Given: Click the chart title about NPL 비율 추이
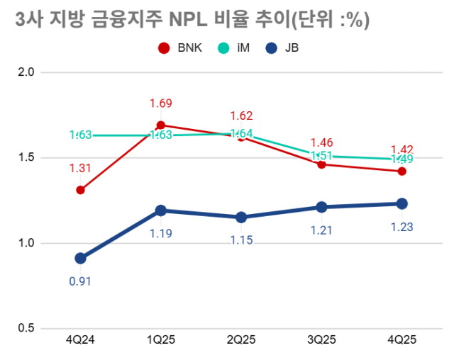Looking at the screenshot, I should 192,21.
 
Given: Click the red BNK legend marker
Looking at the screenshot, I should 164,48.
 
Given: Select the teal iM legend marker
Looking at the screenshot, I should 223,48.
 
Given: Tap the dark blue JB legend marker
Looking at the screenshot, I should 270,48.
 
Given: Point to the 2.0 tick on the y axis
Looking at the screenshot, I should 26,72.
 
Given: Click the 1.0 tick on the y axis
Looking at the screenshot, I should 26,243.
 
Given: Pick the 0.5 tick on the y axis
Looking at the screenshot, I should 26,329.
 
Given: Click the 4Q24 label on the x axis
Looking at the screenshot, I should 80,341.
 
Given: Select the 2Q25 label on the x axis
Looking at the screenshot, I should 241,341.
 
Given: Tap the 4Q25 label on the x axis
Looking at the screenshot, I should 402,341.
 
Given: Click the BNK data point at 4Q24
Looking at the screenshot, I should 81,190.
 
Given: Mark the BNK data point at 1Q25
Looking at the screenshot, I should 161,125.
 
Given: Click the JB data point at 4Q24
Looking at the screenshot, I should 81,259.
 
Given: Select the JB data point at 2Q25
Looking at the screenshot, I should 241,218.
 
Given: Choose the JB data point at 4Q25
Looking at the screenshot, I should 402,203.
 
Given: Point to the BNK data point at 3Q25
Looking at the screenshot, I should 321,164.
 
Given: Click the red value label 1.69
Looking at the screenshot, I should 161,104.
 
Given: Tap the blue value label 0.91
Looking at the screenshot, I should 80,281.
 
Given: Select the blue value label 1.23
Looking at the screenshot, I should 402,227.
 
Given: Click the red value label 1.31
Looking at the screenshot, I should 80,169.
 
